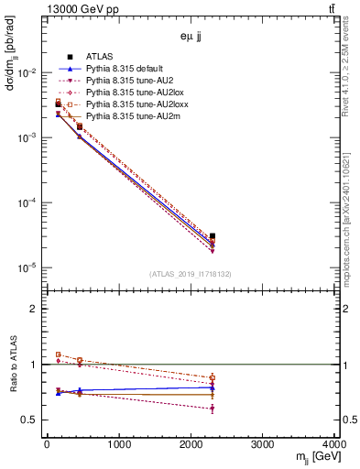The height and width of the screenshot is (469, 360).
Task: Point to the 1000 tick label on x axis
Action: point(118,446)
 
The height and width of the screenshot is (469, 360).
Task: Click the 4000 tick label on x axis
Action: point(333,446)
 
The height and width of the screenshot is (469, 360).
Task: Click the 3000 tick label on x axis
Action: point(262,446)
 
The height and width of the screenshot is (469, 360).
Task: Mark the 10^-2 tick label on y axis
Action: point(27,73)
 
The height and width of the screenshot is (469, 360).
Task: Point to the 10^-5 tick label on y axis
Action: point(27,268)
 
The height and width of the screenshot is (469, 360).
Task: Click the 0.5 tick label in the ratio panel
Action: point(31,420)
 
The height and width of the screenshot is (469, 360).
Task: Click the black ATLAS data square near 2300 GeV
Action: point(212,236)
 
